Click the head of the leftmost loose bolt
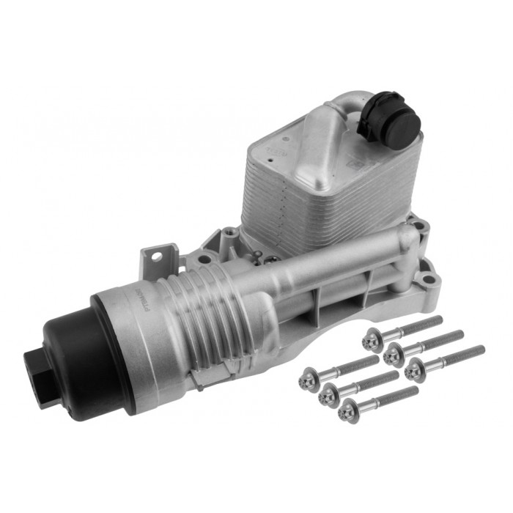307,380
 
